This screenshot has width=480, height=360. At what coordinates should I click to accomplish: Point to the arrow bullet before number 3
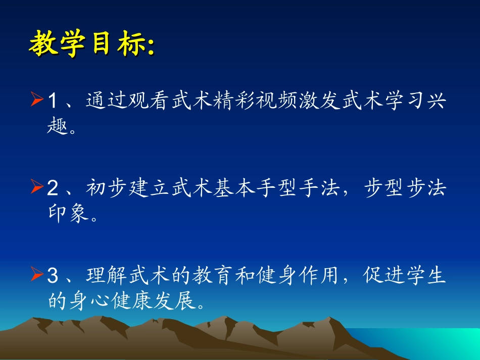click(36, 276)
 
